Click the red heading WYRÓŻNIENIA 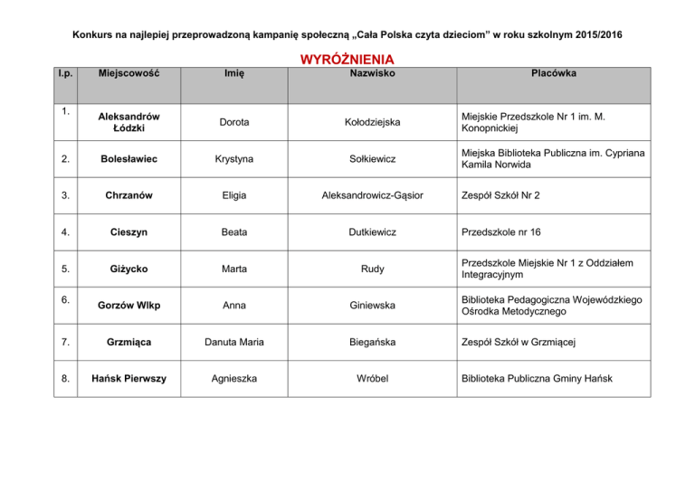click(x=347, y=60)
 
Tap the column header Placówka click(x=555, y=73)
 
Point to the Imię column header click(x=235, y=73)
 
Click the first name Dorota click(x=235, y=121)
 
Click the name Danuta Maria click(x=235, y=342)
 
